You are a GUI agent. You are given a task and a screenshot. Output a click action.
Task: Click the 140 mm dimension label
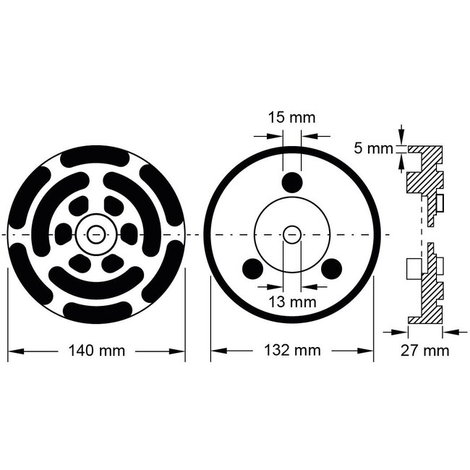pos(96,351)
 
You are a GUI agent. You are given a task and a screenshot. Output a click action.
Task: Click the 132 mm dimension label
pos(291,351)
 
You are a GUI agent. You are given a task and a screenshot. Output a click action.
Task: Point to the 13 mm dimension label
pos(291,299)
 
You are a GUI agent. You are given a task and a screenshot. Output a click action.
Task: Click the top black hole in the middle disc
pos(291,182)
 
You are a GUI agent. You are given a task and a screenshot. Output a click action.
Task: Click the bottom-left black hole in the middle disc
pos(252,269)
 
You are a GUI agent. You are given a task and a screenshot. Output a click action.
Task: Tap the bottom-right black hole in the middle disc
pos(331,269)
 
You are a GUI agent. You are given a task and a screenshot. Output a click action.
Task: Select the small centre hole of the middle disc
pos(292,235)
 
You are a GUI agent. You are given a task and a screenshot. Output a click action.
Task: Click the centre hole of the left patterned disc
pos(96,234)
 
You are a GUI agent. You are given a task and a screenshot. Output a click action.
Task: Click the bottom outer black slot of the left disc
pos(97,312)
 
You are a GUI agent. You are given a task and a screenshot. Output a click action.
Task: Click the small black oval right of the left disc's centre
pos(128,234)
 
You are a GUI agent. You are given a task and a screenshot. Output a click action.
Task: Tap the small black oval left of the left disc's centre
pos(64,234)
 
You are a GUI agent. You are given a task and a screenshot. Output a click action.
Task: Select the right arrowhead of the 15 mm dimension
pos(306,135)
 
